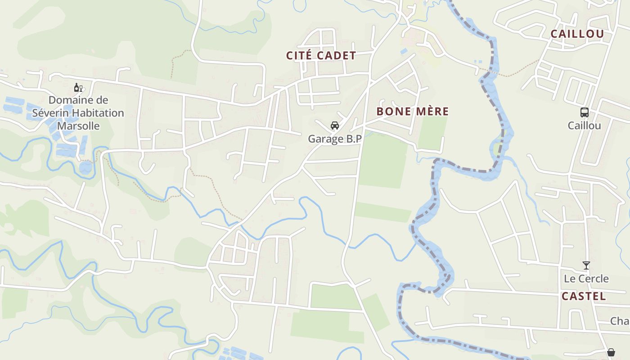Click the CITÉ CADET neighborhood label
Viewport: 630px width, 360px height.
[321, 55]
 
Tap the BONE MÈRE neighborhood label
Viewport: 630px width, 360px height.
[413, 111]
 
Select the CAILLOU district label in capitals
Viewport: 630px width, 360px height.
[577, 34]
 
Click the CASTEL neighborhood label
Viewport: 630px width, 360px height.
[584, 296]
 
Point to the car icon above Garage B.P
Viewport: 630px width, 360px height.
[335, 126]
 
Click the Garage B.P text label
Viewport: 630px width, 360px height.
[335, 139]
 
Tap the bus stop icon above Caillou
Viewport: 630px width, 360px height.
[585, 112]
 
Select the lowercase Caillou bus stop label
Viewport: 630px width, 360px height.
[585, 126]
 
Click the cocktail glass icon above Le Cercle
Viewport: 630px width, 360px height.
[586, 265]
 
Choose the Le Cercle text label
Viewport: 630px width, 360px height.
[586, 279]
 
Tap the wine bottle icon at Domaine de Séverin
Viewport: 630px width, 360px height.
[78, 87]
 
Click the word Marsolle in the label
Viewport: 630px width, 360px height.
[78, 126]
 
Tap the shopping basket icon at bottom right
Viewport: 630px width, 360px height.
[611, 352]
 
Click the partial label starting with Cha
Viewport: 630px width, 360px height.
[620, 321]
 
